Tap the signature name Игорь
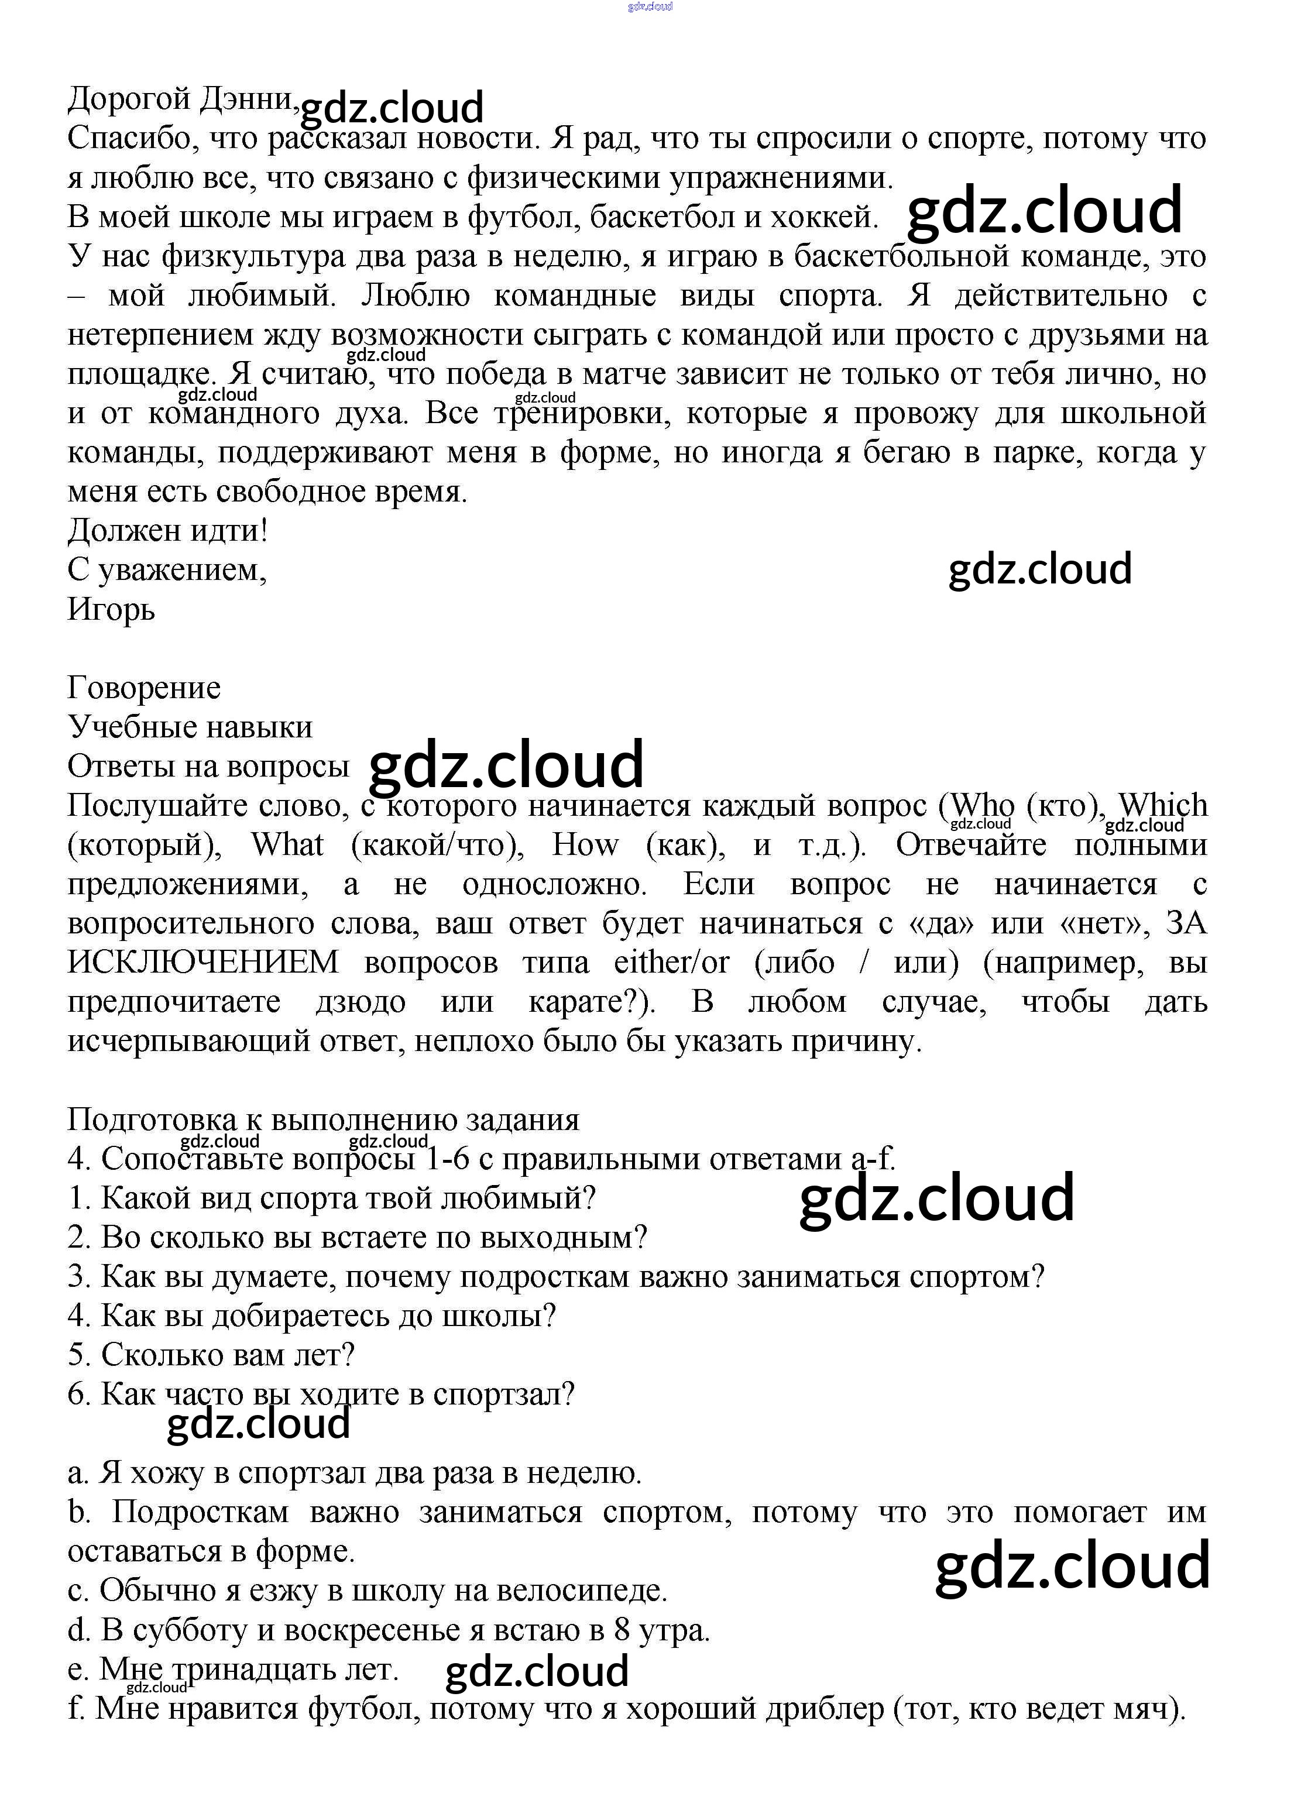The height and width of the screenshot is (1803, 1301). click(111, 610)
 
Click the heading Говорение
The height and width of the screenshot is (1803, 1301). click(144, 688)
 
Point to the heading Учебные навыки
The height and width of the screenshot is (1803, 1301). click(190, 727)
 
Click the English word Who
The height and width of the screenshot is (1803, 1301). click(982, 805)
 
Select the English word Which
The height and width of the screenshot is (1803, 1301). click(1163, 805)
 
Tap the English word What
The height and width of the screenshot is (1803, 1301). click(287, 845)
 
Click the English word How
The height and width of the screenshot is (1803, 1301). click(585, 845)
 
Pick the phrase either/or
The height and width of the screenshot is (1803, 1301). click(671, 963)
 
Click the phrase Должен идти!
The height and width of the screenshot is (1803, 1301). click(168, 530)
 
